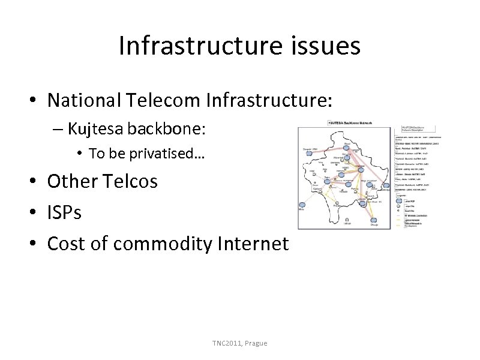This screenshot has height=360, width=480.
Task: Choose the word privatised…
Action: coord(170,154)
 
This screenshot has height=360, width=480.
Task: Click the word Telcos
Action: coord(128,181)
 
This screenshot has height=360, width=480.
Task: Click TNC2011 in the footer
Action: coord(226,343)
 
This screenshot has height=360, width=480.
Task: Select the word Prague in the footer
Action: coord(256,343)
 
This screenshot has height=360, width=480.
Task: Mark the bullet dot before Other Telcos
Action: coord(35,181)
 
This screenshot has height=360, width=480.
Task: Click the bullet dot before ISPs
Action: coord(35,212)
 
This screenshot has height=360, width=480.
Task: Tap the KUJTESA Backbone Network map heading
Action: coord(351,123)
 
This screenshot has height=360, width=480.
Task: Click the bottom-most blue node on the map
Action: coord(364,220)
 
